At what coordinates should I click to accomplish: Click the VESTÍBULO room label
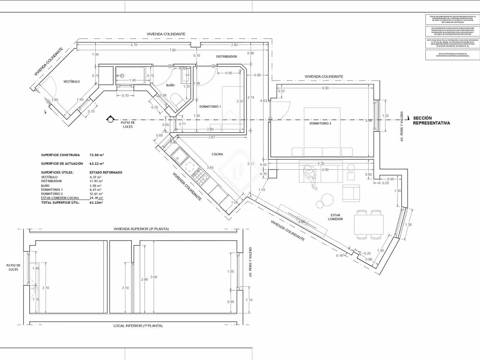point(71,82)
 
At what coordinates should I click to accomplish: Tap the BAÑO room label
point(170,85)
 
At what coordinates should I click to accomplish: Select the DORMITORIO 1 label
point(210,106)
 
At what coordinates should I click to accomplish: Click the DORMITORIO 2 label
point(320,123)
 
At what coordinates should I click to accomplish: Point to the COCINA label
point(217,154)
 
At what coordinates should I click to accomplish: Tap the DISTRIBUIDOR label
point(226,56)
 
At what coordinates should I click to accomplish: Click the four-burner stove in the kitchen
point(200,175)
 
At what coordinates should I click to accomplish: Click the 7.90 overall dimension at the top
point(172,50)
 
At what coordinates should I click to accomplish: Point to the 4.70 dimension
point(134,45)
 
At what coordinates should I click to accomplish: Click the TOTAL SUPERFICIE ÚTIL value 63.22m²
point(96,202)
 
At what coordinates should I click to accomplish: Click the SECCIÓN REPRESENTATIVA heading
point(431,120)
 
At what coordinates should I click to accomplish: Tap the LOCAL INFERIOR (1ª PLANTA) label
point(138,325)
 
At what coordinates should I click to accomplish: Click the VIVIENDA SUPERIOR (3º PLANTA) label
point(141,229)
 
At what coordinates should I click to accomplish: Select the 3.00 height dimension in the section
point(154,277)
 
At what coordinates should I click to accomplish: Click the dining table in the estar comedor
point(369,224)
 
